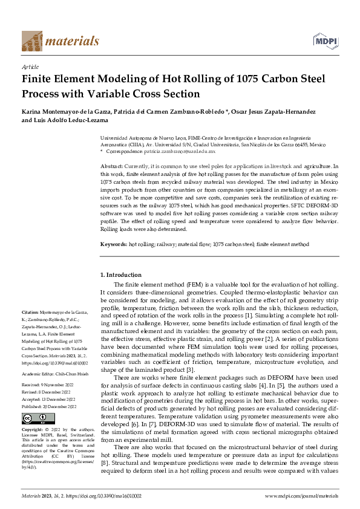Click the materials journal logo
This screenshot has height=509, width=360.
tap(60, 41)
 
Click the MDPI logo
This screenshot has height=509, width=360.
tap(325, 41)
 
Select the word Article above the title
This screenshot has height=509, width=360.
tap(30, 66)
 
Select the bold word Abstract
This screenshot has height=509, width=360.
tap(112, 166)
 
